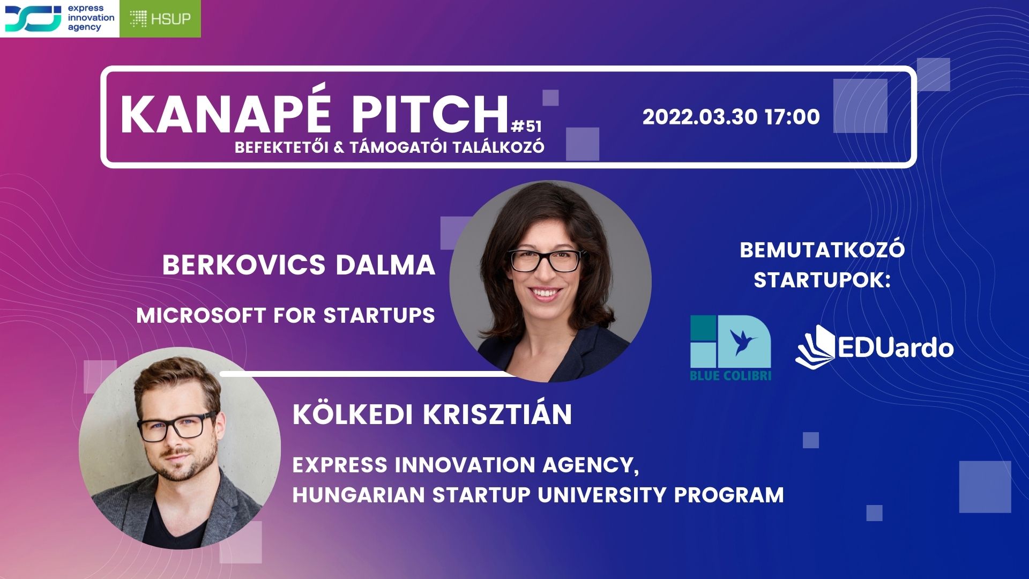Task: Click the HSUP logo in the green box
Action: click(x=160, y=19)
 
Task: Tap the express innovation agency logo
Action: click(x=59, y=19)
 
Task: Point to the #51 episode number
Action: click(x=526, y=127)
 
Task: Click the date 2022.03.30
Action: click(x=700, y=117)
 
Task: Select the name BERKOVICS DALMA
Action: click(x=299, y=265)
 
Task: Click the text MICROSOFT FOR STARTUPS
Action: click(x=286, y=315)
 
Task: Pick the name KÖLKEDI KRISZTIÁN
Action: click(x=432, y=414)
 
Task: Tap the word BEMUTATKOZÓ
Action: click(x=822, y=250)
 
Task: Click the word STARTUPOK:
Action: click(x=822, y=280)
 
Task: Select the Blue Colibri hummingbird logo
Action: click(x=730, y=348)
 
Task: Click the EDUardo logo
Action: click(x=875, y=347)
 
